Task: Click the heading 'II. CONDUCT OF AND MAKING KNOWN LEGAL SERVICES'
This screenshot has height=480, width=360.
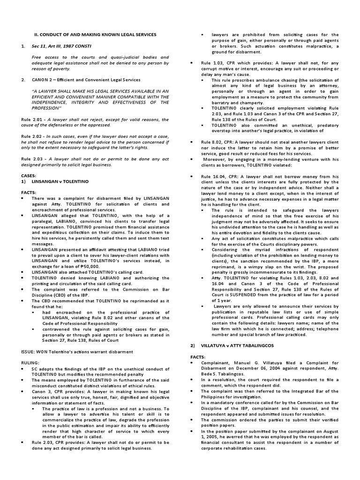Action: (97, 35)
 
